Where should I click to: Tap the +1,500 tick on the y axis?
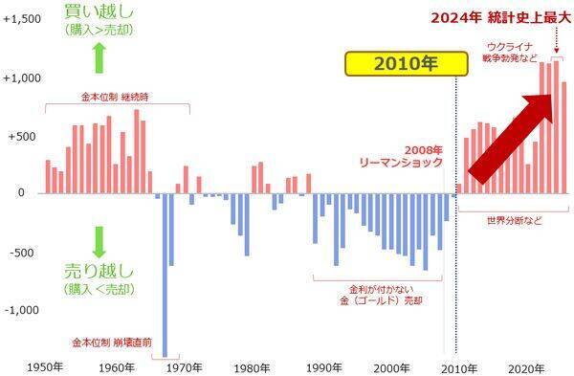[21, 19]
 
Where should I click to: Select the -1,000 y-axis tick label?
[22, 310]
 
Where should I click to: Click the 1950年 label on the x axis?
[46, 367]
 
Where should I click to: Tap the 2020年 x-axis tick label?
[526, 367]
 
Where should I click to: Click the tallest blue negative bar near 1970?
[165, 277]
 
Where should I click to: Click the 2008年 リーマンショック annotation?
[410, 157]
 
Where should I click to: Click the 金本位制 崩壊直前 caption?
[111, 341]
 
